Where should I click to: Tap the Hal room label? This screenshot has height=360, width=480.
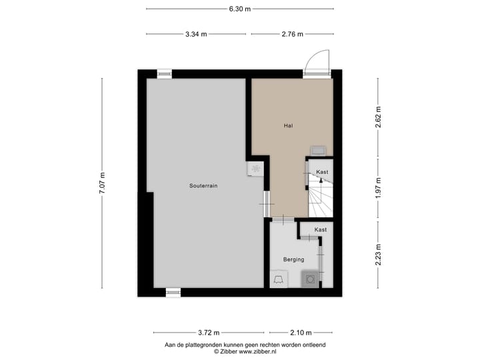(289, 125)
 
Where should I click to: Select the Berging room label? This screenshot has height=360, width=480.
(293, 259)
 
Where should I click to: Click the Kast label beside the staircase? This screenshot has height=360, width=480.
(322, 172)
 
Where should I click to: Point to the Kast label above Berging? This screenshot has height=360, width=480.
(321, 229)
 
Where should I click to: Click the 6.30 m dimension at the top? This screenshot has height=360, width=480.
(239, 9)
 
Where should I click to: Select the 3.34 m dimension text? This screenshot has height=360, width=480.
(196, 34)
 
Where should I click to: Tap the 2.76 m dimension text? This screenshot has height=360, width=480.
(292, 34)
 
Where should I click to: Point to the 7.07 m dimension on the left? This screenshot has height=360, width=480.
(102, 183)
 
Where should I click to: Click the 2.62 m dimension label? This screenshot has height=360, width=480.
(378, 117)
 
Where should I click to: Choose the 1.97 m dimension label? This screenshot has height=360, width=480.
(378, 187)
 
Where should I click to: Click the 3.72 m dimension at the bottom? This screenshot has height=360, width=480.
(209, 333)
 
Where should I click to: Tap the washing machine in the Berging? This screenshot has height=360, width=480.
(310, 279)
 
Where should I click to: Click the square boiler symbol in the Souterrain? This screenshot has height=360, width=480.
(255, 169)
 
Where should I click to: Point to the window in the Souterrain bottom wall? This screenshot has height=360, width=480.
(173, 292)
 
